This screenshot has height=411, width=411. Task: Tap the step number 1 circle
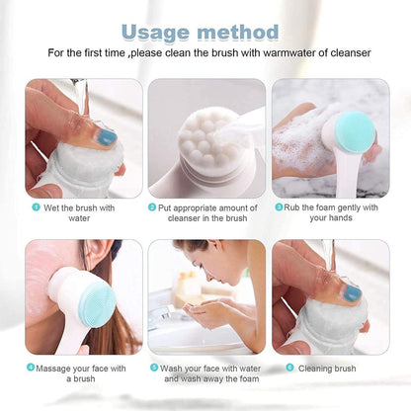(x=36, y=207)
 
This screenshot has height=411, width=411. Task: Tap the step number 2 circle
(x=152, y=207)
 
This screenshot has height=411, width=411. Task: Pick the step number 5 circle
(x=153, y=367)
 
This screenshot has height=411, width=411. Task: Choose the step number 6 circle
(x=289, y=367)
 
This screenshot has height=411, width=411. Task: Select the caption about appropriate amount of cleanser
(x=205, y=213)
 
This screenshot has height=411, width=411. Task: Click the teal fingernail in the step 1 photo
(x=106, y=136)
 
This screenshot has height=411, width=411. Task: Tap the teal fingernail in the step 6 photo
(x=352, y=293)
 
